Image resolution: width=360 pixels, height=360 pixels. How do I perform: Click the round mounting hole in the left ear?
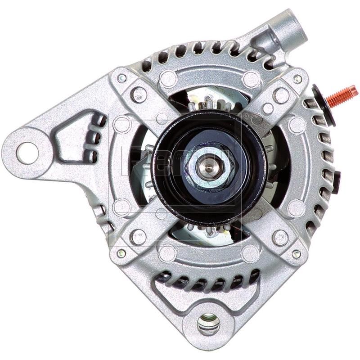[27, 153]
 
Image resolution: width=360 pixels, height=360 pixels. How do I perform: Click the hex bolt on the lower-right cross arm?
[281, 237]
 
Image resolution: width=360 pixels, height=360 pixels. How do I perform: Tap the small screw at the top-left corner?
[121, 78]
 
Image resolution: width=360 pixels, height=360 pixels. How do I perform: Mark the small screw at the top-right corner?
[297, 79]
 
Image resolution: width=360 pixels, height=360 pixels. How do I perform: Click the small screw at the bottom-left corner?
[121, 253]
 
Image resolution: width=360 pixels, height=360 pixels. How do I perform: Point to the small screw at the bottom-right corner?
[297, 254]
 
